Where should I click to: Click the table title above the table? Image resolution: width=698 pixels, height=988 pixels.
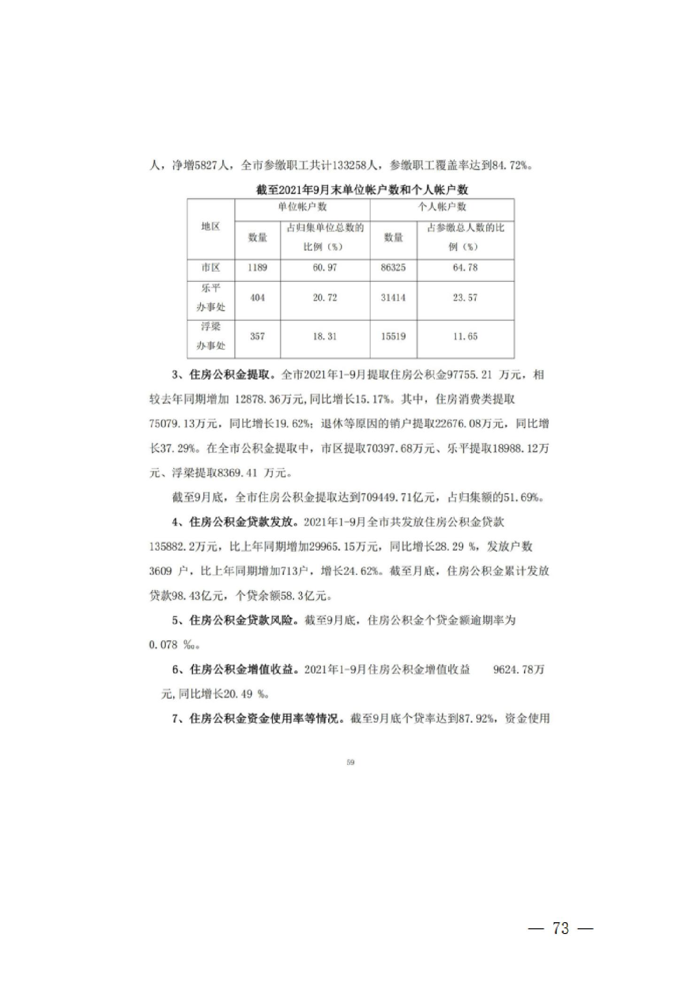point(362,190)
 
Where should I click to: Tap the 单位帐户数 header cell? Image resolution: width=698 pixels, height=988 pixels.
point(302,207)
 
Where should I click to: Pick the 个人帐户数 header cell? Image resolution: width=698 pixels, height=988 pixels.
point(442,207)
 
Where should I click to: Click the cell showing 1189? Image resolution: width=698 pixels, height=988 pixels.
point(257,268)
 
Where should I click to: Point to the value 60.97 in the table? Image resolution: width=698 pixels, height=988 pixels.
point(325,268)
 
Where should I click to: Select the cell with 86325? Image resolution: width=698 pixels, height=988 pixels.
point(393,268)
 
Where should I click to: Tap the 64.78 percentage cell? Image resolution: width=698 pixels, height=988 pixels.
point(465,268)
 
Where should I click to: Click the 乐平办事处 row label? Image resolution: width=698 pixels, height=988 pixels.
point(210,297)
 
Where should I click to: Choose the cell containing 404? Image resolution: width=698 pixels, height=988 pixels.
point(257,297)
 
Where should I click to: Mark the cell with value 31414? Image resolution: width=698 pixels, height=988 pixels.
point(393,297)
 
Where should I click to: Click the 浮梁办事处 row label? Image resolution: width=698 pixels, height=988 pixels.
point(210,336)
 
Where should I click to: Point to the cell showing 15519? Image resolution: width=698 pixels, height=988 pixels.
point(393,336)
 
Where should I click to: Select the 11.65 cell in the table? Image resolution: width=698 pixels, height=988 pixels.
point(465,336)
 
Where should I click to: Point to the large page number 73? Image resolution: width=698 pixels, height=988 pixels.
point(561,929)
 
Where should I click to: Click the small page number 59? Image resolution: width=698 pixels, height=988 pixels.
point(350,762)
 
